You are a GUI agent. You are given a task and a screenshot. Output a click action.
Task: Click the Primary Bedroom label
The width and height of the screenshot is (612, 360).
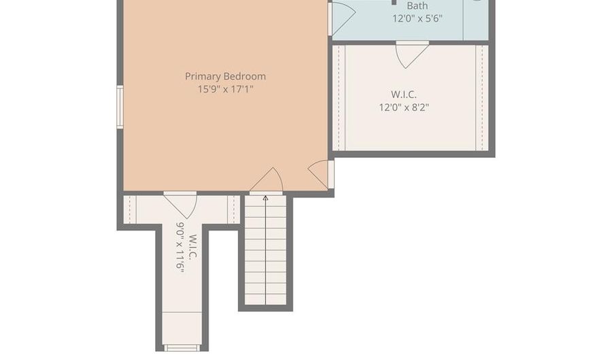coord(225,76)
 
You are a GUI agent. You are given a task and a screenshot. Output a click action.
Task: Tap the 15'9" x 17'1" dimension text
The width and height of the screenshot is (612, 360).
coord(225,89)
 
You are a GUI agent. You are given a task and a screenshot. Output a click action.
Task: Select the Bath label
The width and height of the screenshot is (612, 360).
coord(418,6)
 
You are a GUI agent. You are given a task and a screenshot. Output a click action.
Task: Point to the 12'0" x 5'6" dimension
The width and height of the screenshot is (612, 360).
coord(418,18)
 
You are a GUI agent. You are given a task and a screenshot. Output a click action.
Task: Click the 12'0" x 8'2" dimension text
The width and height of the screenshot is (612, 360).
coord(404,108)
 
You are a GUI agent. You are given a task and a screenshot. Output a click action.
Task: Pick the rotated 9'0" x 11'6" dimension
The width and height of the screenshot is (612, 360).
coord(180,247)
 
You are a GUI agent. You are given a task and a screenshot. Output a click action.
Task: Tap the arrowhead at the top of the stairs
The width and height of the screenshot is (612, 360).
coord(265,198)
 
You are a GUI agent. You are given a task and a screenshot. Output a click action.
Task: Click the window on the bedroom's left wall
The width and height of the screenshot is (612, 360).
coord(120,107)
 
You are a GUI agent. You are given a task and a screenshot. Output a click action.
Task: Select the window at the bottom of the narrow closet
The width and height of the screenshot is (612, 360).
coord(182,348)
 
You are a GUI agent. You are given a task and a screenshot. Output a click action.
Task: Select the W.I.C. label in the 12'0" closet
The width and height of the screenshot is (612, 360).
coord(404,95)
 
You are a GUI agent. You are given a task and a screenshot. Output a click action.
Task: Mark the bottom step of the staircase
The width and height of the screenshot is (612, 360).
coord(265,299)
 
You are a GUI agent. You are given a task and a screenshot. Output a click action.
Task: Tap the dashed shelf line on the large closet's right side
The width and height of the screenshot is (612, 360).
coord(482,97)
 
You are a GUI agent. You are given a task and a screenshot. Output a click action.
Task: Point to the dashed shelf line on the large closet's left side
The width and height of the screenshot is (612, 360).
coord(339,97)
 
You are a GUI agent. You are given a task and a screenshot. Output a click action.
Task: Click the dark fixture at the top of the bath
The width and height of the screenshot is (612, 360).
coord(394,2)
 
